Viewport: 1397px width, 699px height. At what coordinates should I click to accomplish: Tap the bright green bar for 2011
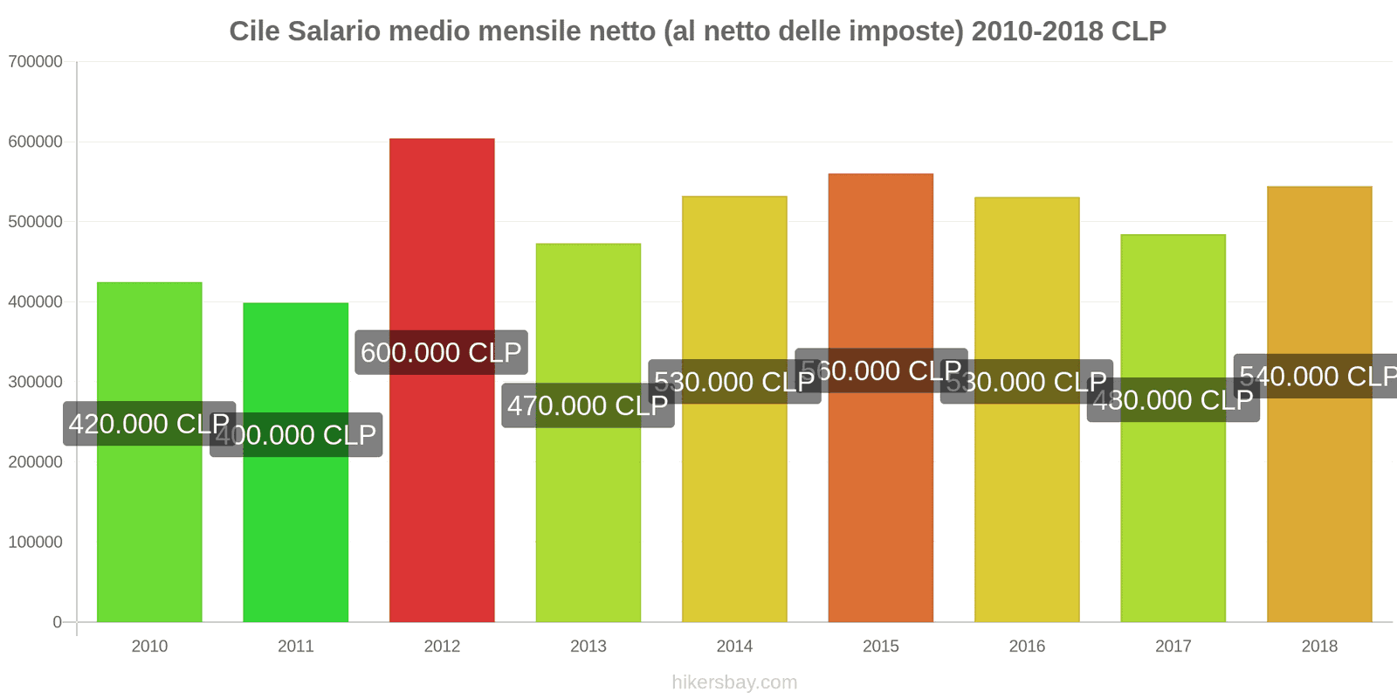(295, 524)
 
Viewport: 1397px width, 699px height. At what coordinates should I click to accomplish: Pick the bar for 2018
(1318, 507)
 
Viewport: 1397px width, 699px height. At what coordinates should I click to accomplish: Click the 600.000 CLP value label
(441, 352)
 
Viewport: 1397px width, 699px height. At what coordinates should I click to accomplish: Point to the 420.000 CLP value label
(149, 424)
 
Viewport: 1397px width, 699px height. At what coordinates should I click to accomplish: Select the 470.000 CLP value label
(588, 405)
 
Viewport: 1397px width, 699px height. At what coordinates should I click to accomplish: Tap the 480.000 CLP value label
(1173, 400)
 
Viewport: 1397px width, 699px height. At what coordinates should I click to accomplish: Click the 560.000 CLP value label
(881, 370)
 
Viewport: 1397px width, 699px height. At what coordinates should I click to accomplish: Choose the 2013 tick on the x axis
(588, 647)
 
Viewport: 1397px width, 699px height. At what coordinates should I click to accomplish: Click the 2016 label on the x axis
(1027, 647)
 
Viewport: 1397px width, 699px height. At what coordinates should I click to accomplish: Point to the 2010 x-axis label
(149, 647)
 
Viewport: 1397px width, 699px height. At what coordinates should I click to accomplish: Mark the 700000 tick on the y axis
(36, 61)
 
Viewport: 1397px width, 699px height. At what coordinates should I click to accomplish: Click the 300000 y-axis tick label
(36, 382)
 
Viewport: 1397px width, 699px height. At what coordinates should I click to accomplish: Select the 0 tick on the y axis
(57, 622)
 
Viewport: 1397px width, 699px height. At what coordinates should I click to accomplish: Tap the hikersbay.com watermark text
(734, 682)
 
